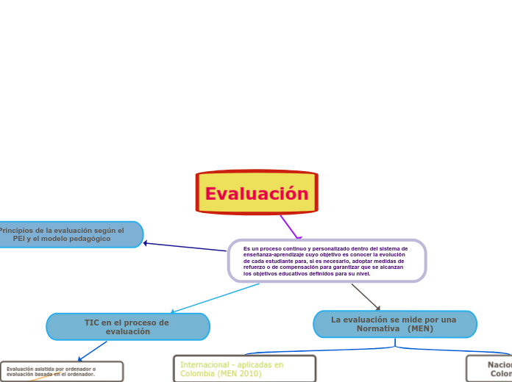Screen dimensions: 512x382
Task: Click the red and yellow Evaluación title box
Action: point(257,192)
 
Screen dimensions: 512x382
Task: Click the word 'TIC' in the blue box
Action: point(92,322)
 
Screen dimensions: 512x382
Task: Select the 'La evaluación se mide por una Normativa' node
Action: point(394,324)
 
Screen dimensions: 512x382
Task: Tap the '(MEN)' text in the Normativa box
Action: point(422,328)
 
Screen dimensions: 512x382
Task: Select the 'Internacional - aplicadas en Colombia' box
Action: point(244,369)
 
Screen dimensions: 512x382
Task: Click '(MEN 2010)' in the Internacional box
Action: point(241,374)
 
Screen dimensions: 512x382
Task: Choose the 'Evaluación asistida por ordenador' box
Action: point(63,371)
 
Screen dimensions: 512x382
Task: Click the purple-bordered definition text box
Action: point(327,261)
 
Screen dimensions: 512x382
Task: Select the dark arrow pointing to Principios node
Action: point(184,247)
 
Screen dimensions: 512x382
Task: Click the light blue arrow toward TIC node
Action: point(213,298)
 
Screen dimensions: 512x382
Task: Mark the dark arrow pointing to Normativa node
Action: point(366,297)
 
